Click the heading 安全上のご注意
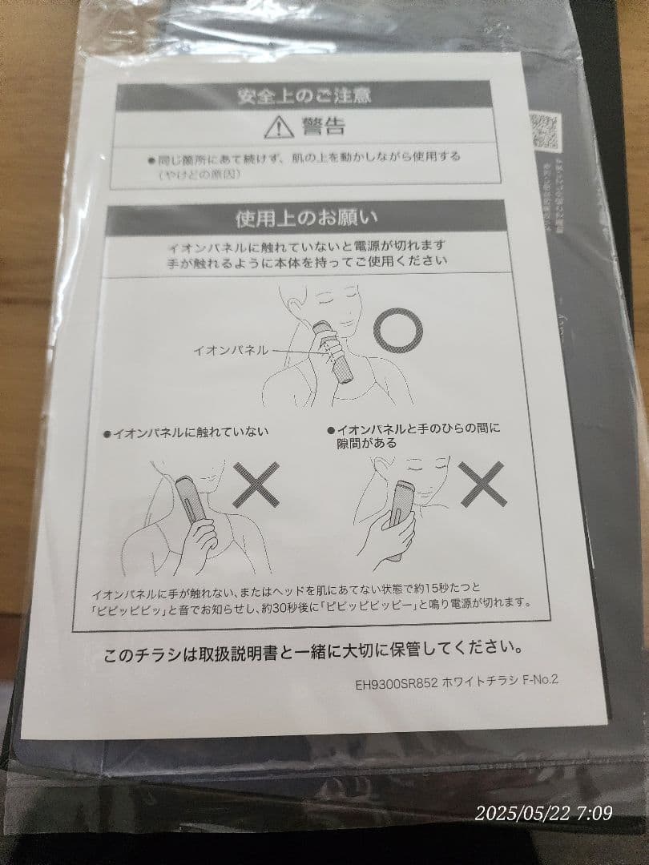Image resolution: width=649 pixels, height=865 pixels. [304, 97]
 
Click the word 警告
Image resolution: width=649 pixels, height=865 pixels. [323, 126]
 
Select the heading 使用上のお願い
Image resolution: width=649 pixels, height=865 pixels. [307, 218]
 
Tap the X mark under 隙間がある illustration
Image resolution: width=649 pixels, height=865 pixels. [482, 484]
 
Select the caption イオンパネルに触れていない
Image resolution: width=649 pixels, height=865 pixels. [189, 432]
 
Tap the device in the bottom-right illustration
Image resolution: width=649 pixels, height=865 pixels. [400, 513]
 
